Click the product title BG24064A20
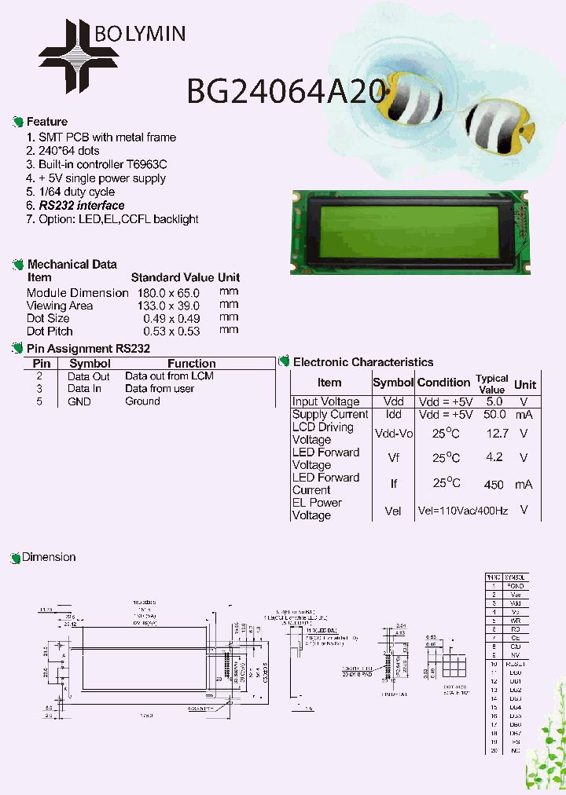[286, 91]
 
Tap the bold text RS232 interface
[82, 205]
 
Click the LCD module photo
[408, 233]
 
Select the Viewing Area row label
[60, 306]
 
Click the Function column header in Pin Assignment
[192, 364]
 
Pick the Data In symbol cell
[84, 388]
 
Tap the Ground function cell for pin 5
[142, 401]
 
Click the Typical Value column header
[492, 383]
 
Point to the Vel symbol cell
[393, 511]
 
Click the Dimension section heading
[49, 557]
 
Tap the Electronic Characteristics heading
[362, 362]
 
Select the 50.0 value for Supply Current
[494, 414]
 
